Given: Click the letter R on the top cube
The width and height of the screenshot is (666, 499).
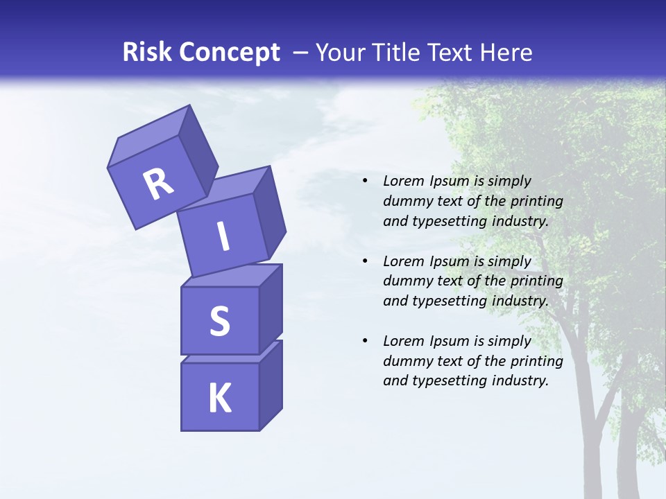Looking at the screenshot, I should pos(158,184).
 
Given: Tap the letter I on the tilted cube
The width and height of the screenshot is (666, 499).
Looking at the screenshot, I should pos(223,236).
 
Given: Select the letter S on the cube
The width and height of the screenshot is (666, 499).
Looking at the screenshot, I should pos(219,321).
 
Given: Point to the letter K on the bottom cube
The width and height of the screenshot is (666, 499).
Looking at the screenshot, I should pos(219,399).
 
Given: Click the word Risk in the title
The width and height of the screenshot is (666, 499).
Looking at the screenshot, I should pos(148,52).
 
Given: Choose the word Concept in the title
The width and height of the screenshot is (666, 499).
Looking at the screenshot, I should pos(230,53).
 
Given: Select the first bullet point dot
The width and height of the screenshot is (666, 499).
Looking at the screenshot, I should pos(365,181).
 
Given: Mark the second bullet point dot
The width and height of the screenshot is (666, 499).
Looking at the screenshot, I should pos(365,261).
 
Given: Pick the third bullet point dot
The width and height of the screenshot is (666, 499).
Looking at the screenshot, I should pos(365,341).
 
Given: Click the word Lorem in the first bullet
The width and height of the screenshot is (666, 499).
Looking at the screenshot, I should pos(402,181).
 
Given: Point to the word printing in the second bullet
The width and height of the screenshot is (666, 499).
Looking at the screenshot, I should pos(537,281).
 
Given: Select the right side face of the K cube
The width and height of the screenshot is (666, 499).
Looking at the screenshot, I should pos(271,385).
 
